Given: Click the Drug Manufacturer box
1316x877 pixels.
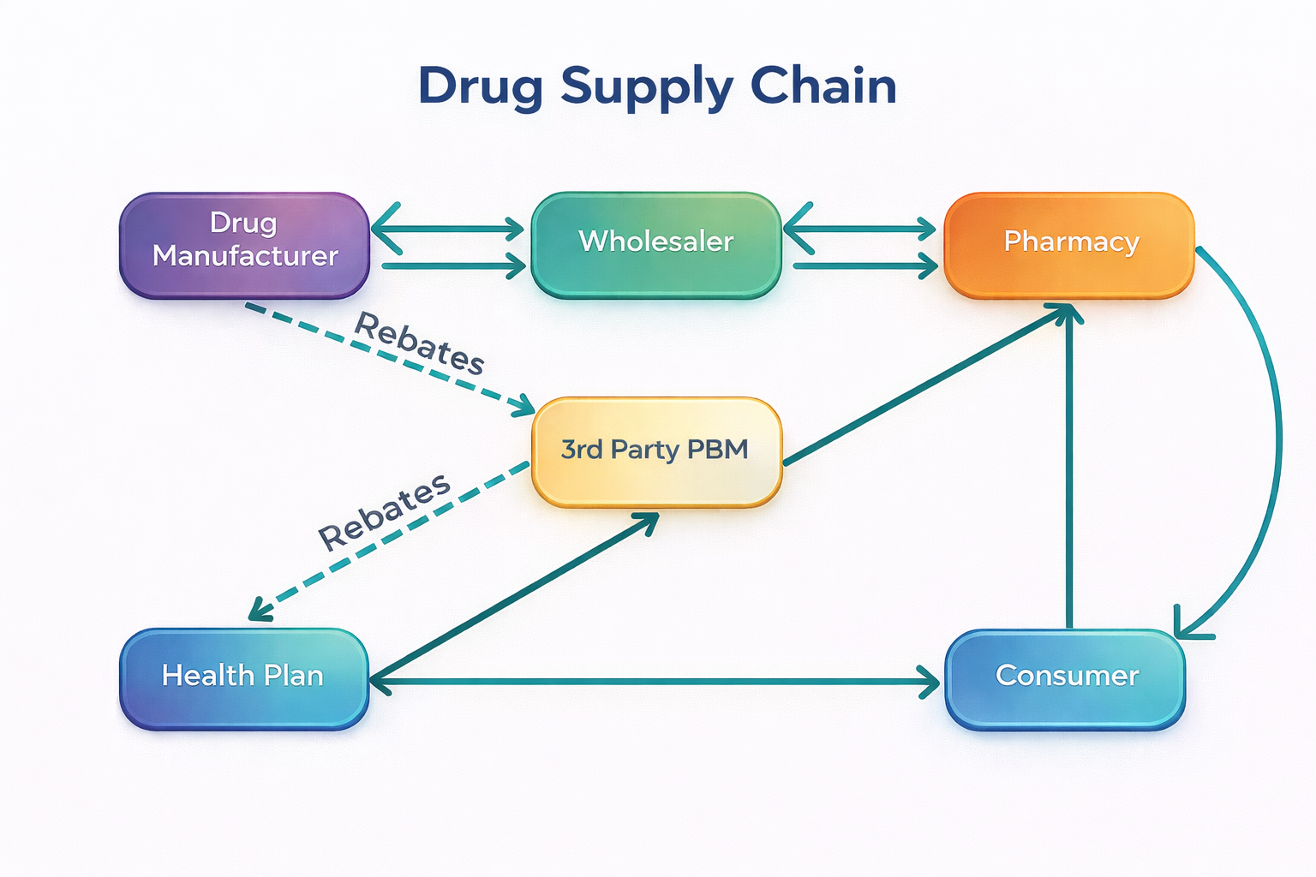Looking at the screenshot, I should click(x=244, y=245).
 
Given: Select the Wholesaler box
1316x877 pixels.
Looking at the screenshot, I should click(x=656, y=245).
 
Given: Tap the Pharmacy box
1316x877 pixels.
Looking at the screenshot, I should click(x=1069, y=245).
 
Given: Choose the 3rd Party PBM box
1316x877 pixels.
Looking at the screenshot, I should click(x=656, y=451).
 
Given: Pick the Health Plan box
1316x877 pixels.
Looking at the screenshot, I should click(x=244, y=678).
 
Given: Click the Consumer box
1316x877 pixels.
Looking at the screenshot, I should click(x=1065, y=678).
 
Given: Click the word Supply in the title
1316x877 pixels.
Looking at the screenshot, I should click(x=647, y=87).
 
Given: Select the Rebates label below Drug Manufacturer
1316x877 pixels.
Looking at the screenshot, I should click(x=420, y=343).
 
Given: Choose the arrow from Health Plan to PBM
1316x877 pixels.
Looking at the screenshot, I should click(x=514, y=595).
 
